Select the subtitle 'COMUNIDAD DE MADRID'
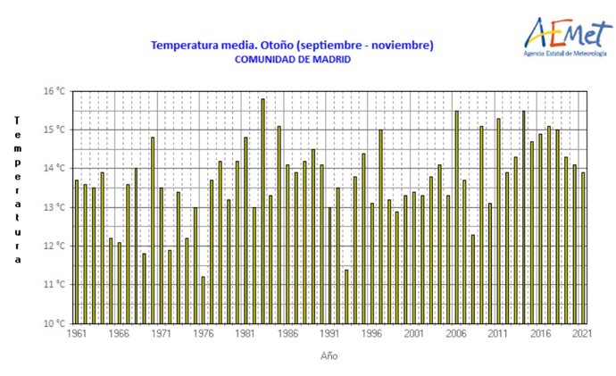point(292,60)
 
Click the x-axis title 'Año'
point(329,355)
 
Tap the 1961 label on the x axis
point(77,334)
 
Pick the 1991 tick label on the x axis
point(329,334)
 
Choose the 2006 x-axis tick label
point(455,334)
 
